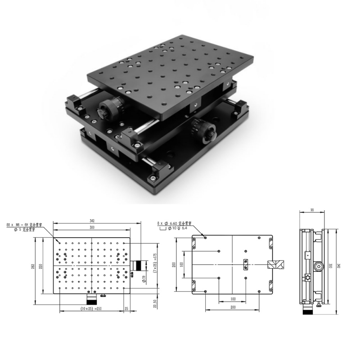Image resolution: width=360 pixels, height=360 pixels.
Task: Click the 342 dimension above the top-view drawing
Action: pyautogui.click(x=92, y=221)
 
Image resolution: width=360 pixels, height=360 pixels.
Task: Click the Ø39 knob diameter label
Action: pyautogui.click(x=144, y=279)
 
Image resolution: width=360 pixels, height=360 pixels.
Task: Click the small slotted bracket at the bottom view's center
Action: pyautogui.click(x=245, y=264)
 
